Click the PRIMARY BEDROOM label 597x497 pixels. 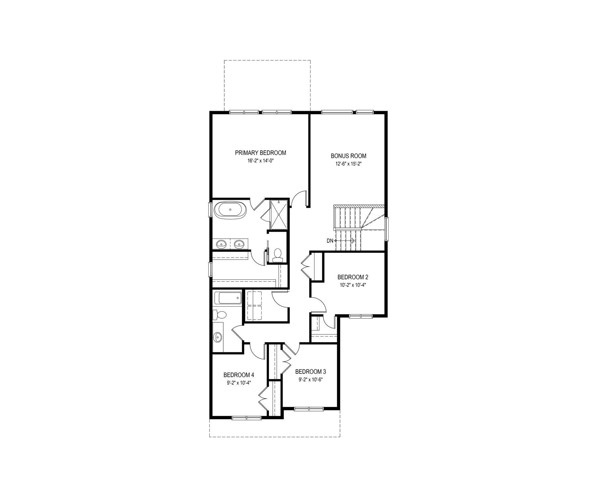tap(261, 153)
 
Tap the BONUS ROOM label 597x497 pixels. tap(348, 156)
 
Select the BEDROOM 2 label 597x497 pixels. tap(353, 277)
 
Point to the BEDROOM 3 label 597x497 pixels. tap(311, 372)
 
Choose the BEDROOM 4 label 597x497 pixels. tap(239, 375)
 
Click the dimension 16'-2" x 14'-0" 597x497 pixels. tap(261, 161)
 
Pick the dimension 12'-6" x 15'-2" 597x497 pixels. tap(348, 164)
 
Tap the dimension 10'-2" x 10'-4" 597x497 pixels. tap(353, 285)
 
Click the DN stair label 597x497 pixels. tap(330, 241)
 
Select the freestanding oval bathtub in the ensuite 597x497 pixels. tap(230, 210)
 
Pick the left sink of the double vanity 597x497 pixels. tap(221, 243)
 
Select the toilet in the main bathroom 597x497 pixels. tap(219, 315)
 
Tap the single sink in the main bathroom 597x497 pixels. tap(218, 336)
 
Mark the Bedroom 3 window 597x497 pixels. tap(309, 409)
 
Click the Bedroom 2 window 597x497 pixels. tap(361, 316)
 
